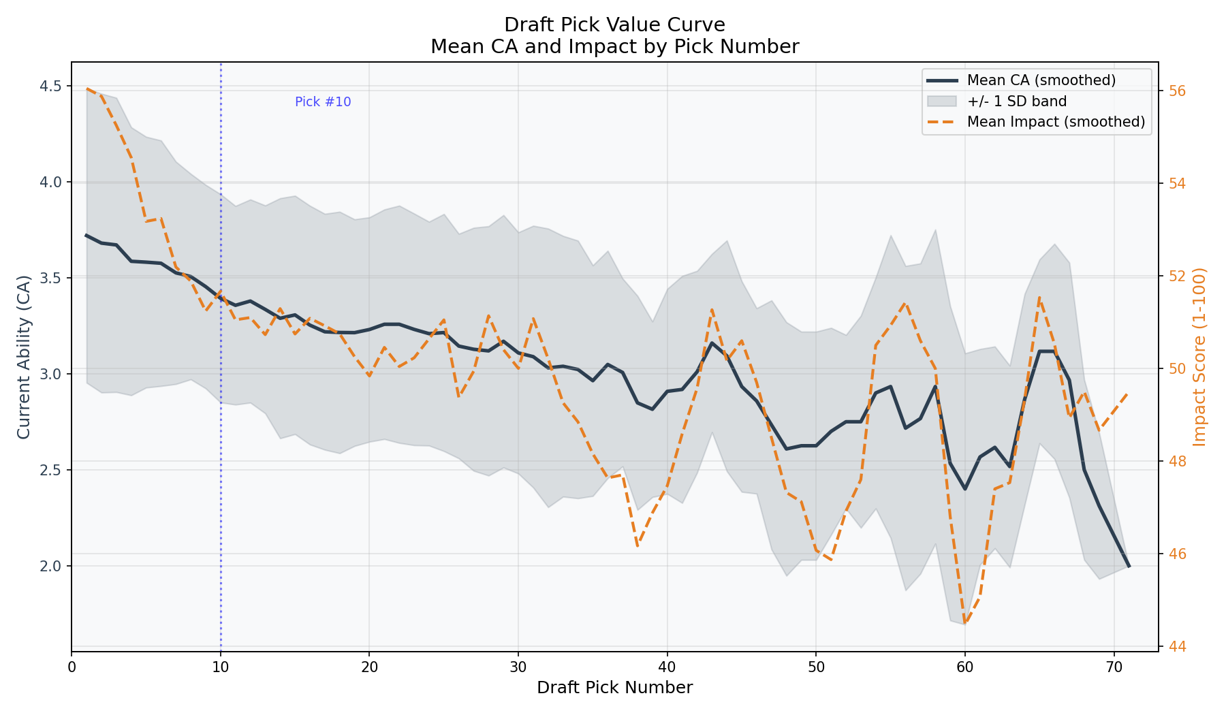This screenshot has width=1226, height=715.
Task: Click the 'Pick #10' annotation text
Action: pyautogui.click(x=323, y=102)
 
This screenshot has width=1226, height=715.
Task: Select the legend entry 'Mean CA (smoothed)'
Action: pyautogui.click(x=1041, y=80)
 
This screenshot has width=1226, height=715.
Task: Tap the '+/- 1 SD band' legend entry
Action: pyautogui.click(x=1016, y=101)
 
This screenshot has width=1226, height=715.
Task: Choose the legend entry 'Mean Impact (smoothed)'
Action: pyautogui.click(x=1055, y=122)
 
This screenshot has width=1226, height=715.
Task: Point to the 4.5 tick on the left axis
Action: pyautogui.click(x=51, y=86)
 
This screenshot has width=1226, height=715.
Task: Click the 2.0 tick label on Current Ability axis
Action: pyautogui.click(x=51, y=566)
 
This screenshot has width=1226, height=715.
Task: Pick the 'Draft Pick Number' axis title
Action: pyautogui.click(x=614, y=688)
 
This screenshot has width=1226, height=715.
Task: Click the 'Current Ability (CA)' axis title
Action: pyautogui.click(x=24, y=357)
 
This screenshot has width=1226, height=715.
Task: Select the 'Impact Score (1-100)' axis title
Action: pyautogui.click(x=1200, y=357)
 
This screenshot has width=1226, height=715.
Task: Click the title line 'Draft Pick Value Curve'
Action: pyautogui.click(x=614, y=25)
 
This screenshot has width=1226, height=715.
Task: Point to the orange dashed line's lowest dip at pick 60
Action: pyautogui.click(x=964, y=622)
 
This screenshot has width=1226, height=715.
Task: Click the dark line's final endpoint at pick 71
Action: pyautogui.click(x=1129, y=566)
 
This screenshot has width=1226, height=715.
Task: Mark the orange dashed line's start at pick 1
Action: pyautogui.click(x=87, y=89)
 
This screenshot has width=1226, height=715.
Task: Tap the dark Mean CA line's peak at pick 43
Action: pyautogui.click(x=712, y=343)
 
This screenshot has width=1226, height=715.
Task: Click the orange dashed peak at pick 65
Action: pyautogui.click(x=1039, y=298)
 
